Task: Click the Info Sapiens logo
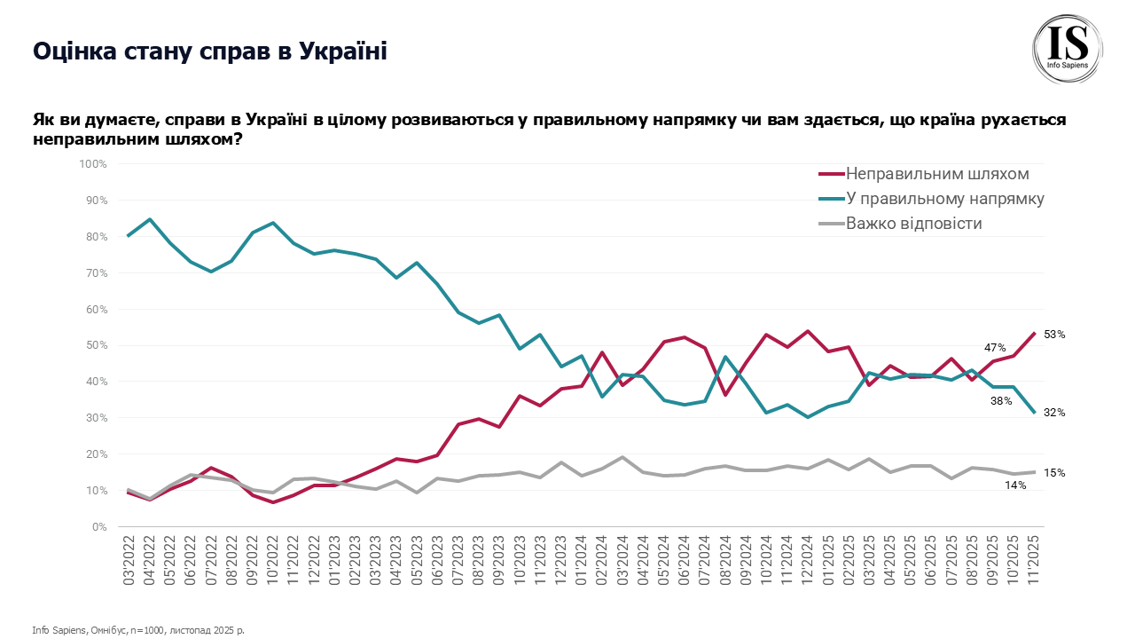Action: pyautogui.click(x=1068, y=50)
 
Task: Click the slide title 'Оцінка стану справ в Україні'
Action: pyautogui.click(x=210, y=51)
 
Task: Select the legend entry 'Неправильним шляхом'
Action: pyautogui.click(x=936, y=173)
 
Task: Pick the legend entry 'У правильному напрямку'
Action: pyautogui.click(x=945, y=198)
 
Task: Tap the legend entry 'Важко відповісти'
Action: pyautogui.click(x=913, y=223)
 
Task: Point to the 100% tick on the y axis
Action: pyautogui.click(x=92, y=164)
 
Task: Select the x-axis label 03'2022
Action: pyautogui.click(x=129, y=559)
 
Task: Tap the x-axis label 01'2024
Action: pyautogui.click(x=582, y=559)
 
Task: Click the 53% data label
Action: pyautogui.click(x=1054, y=335)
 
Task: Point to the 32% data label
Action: pyautogui.click(x=1054, y=413)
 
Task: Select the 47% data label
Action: pyautogui.click(x=995, y=347)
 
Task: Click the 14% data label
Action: pyautogui.click(x=1015, y=485)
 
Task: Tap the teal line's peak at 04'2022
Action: pyautogui.click(x=150, y=219)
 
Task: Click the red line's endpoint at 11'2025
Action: pyautogui.click(x=1034, y=334)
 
